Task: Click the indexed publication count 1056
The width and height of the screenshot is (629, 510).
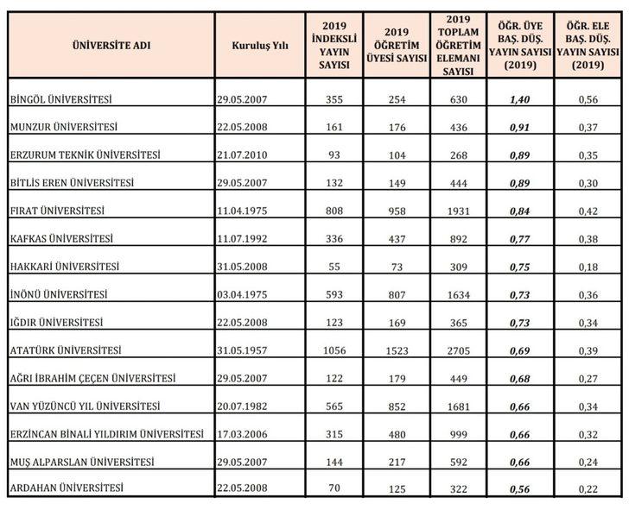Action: click(x=333, y=350)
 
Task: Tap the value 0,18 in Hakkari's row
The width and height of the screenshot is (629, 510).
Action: click(x=586, y=267)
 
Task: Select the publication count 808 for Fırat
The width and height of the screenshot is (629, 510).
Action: click(x=333, y=211)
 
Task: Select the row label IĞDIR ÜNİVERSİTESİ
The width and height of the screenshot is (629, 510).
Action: click(x=54, y=323)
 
